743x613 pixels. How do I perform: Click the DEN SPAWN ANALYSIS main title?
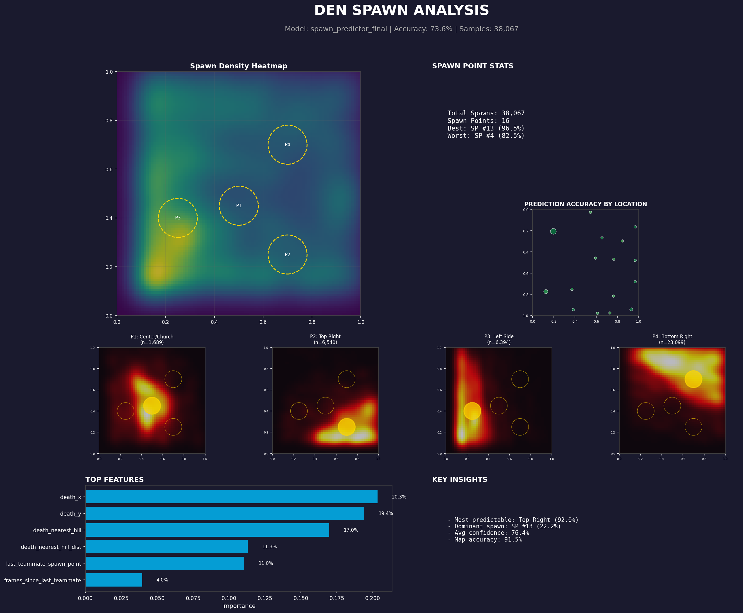tap(401, 11)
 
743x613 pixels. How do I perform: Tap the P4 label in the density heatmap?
tap(288, 145)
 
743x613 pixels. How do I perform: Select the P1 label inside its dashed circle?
tap(239, 206)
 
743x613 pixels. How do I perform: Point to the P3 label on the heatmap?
tap(178, 218)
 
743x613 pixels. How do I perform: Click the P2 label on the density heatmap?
tap(288, 255)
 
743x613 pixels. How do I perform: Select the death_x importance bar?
tap(231, 497)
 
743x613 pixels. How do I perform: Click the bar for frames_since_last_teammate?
tap(114, 580)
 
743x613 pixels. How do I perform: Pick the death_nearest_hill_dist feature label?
tap(51, 547)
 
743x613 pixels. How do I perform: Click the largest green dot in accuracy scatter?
tap(553, 231)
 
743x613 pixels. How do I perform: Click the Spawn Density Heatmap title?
tap(238, 66)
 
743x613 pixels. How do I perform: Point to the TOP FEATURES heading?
tap(114, 480)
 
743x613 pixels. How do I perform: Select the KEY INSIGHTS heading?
tap(459, 480)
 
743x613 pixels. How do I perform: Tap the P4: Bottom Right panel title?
tap(672, 336)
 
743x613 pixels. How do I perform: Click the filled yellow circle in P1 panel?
tap(152, 406)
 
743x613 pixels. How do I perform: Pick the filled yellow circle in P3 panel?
tap(472, 411)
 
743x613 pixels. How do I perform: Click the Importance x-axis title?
tap(238, 606)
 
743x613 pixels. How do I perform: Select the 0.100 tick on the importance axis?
tap(229, 598)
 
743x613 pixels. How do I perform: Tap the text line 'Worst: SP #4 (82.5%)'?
tap(486, 136)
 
